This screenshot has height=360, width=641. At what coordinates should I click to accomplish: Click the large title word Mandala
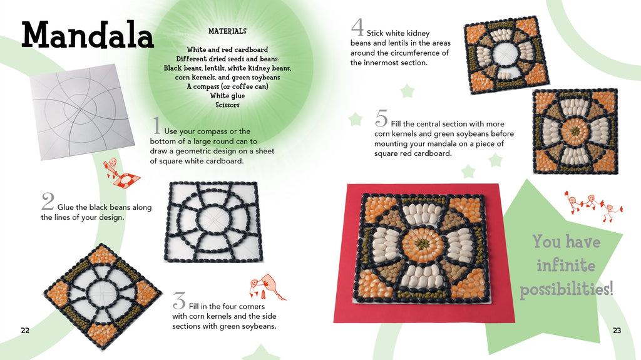click(88, 35)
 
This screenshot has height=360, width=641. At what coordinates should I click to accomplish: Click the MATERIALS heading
click(227, 31)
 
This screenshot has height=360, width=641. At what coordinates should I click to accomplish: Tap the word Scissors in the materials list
click(227, 105)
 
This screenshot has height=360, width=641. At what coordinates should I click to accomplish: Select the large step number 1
click(156, 125)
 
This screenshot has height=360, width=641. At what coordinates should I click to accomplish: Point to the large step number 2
click(48, 201)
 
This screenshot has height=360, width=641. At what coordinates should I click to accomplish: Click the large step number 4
click(357, 28)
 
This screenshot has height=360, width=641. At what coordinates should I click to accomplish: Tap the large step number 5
click(381, 118)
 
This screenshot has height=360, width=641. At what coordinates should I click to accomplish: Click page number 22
click(25, 331)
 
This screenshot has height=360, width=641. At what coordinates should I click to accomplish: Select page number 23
click(617, 331)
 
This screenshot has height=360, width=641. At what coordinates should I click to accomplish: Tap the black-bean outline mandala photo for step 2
click(213, 222)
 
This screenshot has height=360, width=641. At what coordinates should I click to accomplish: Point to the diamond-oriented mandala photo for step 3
click(103, 297)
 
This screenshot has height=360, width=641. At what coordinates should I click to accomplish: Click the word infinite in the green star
click(566, 265)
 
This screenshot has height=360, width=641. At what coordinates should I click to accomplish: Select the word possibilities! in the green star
click(567, 289)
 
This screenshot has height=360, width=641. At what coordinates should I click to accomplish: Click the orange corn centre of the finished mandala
click(423, 244)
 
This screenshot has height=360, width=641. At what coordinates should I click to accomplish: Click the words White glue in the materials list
click(227, 96)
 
